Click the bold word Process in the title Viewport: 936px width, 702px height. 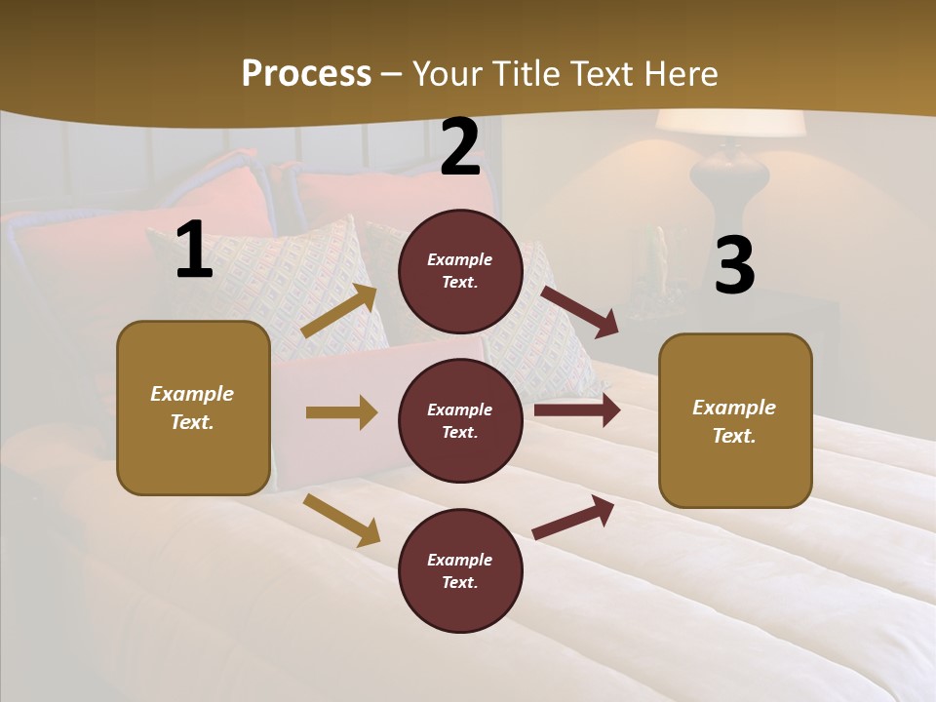tap(306, 73)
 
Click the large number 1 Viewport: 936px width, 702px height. tap(194, 251)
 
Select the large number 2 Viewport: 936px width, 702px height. tap(460, 148)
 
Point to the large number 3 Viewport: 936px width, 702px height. tap(734, 265)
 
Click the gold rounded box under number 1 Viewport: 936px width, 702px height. tap(193, 408)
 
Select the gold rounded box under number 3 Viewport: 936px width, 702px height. tap(735, 420)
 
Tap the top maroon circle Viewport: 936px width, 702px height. tap(460, 270)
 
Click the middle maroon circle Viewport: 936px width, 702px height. tap(460, 420)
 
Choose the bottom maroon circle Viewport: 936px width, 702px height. tap(460, 570)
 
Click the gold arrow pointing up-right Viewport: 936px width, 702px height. tap(340, 311)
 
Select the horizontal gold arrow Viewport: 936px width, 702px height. tap(341, 412)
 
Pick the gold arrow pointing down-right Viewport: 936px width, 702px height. tap(341, 520)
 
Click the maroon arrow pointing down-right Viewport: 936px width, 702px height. tap(579, 311)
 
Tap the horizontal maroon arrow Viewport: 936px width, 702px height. tap(576, 410)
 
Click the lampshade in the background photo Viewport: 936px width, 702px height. tap(730, 124)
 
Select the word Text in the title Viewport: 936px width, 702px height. tap(603, 73)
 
